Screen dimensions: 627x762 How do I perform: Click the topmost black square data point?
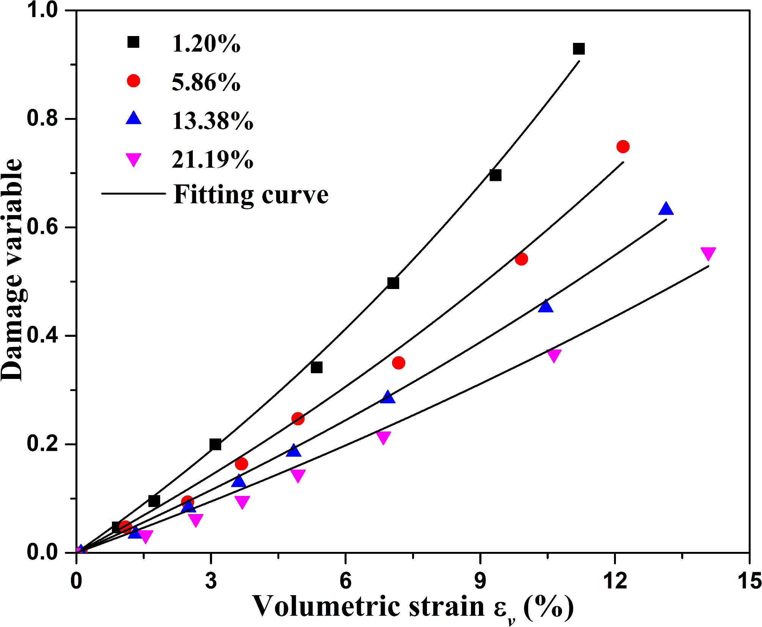[579, 49]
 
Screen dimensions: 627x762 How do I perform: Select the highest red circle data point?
[623, 146]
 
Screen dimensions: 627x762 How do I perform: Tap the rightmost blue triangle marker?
[666, 209]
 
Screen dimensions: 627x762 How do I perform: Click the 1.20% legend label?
[206, 44]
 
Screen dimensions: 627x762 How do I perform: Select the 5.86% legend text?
[206, 82]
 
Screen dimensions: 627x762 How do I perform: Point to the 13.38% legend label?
[213, 121]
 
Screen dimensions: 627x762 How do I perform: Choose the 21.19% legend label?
[213, 159]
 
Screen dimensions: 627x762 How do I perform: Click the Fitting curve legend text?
[251, 195]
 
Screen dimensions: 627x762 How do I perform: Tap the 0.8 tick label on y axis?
[43, 118]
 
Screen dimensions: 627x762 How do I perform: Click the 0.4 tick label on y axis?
[43, 335]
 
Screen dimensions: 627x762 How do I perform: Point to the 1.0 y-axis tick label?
[43, 10]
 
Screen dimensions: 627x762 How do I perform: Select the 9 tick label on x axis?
[480, 581]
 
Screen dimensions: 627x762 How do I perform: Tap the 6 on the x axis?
[345, 581]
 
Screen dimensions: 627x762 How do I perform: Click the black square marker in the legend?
[133, 42]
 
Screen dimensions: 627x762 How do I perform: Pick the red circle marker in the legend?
[133, 81]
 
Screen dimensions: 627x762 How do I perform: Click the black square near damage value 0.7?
[495, 175]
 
